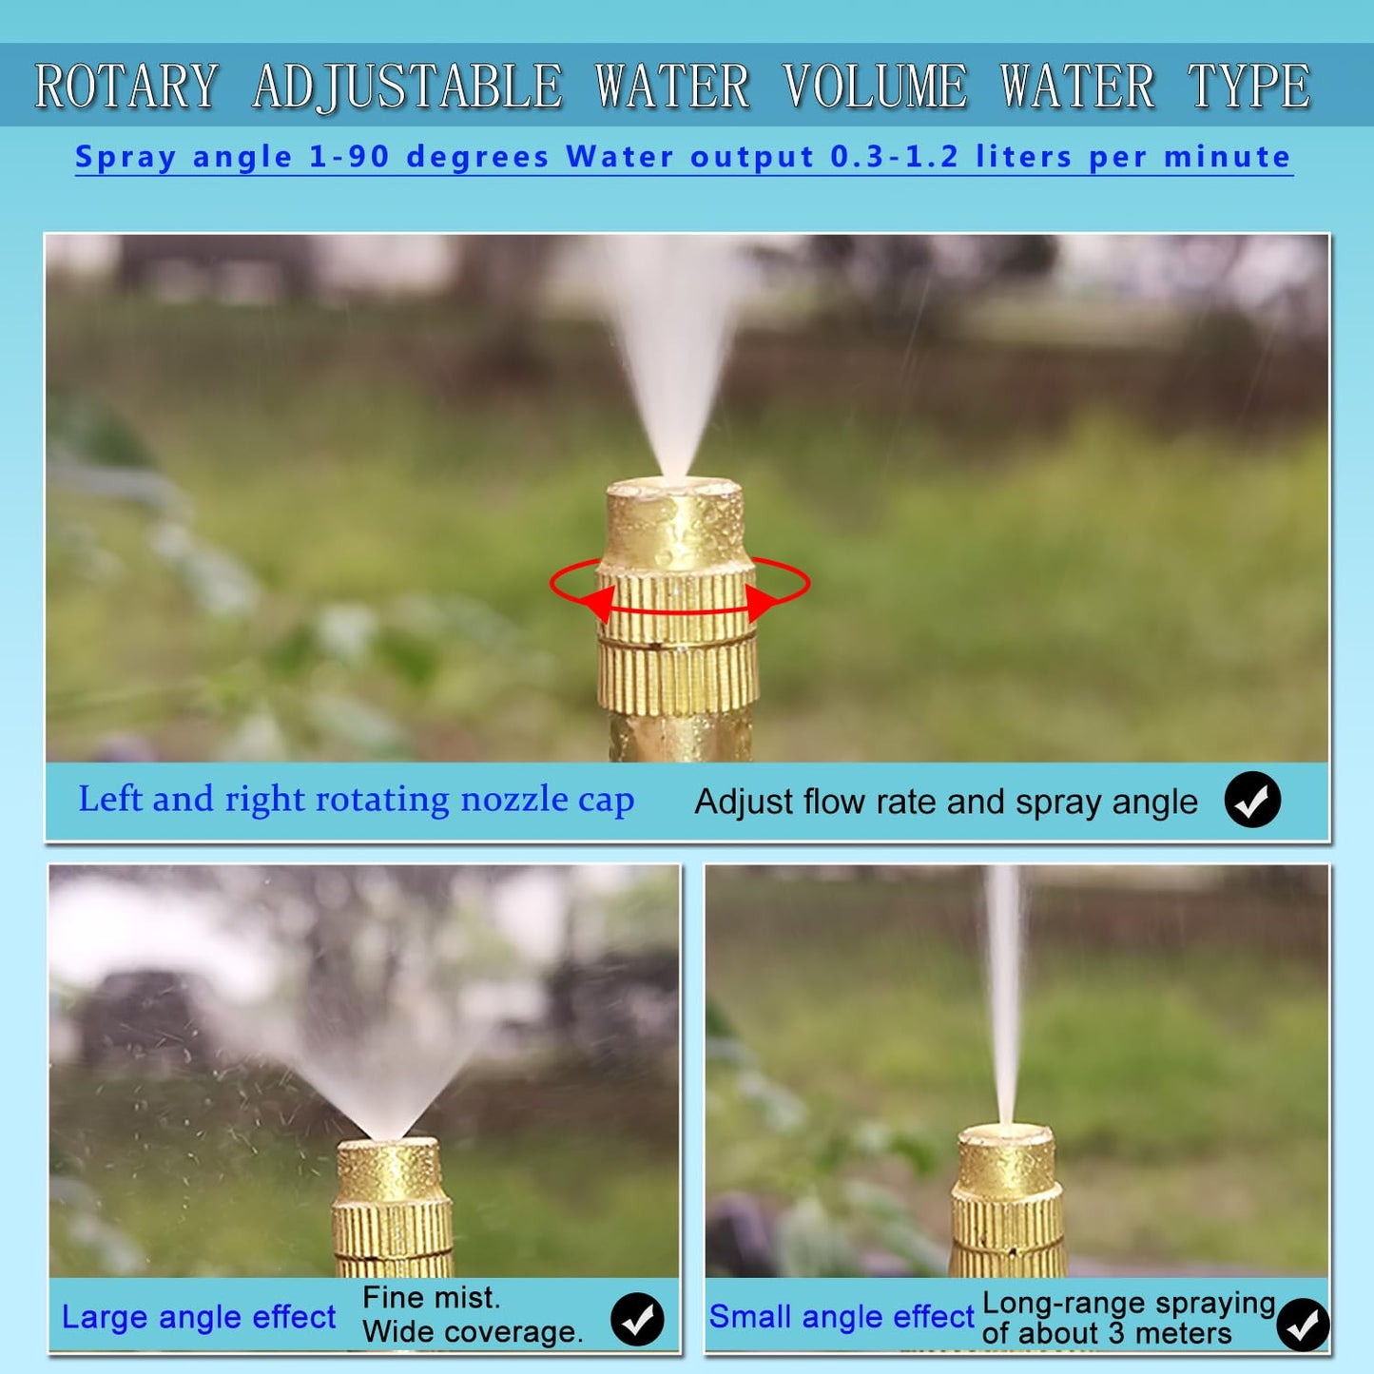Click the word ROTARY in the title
click(126, 87)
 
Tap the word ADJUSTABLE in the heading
click(408, 87)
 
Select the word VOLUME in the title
click(875, 87)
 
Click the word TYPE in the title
click(1248, 87)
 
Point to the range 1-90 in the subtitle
click(349, 157)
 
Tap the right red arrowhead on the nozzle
click(761, 602)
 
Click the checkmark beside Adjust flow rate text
click(1252, 800)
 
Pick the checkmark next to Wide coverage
click(637, 1319)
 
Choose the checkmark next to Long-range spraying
click(1303, 1324)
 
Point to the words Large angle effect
click(198, 1317)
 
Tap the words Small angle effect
click(842, 1317)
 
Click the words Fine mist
click(431, 1298)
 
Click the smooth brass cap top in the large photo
click(674, 523)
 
